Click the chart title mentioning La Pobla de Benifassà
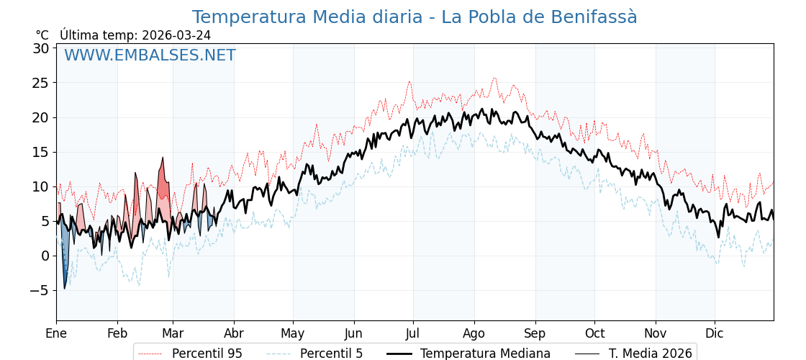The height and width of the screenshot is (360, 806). tap(415, 17)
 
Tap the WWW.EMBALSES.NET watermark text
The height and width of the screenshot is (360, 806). tap(150, 55)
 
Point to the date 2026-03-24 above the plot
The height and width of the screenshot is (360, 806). tap(176, 35)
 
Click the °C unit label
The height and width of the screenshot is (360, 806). tap(42, 35)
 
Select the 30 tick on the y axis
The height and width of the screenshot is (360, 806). tap(40, 48)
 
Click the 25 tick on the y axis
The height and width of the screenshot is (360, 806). tap(40, 83)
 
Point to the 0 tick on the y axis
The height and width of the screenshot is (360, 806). tap(45, 256)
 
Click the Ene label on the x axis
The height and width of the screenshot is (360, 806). tap(56, 333)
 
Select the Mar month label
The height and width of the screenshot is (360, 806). tap(173, 333)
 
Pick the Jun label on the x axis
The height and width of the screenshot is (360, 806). tap(353, 333)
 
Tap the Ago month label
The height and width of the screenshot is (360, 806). tap(474, 333)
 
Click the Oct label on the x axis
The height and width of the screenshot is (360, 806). tap(594, 333)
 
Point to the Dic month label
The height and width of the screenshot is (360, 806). tap(715, 333)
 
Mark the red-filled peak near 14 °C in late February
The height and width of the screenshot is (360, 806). tap(163, 162)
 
